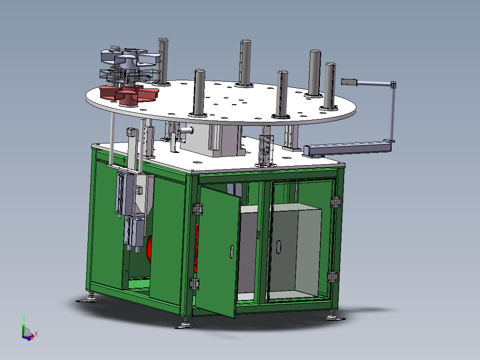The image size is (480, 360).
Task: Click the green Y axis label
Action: [x=24, y=319]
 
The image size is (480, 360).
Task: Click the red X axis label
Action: [x=36, y=334]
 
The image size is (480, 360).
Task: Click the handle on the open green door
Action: [x=232, y=251]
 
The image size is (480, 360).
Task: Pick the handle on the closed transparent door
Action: [x=279, y=247]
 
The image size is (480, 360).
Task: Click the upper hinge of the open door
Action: [x=198, y=209]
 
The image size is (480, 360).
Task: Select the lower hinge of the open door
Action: [x=194, y=284]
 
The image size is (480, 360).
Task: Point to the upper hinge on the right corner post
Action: [x=336, y=202]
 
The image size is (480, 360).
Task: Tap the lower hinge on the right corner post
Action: [x=332, y=277]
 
